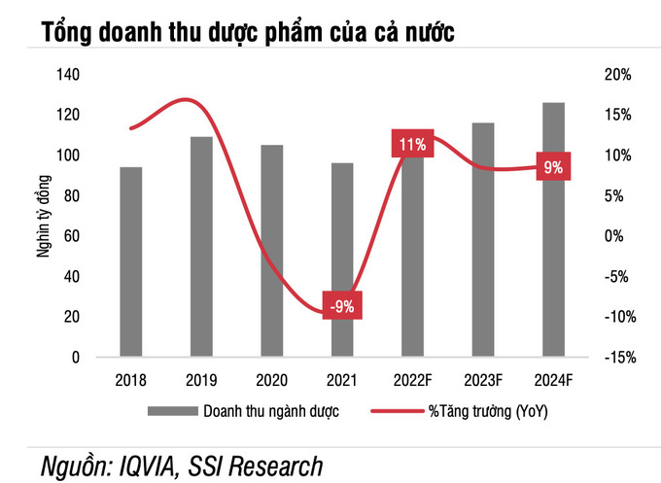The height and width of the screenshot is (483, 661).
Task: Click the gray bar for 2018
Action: (131, 261)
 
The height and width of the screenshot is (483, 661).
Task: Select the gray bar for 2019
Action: (201, 247)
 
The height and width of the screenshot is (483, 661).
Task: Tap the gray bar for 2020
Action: (272, 251)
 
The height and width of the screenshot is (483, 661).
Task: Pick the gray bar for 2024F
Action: (553, 229)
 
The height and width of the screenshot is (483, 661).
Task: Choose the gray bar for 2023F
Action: (483, 240)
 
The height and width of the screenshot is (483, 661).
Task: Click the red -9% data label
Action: (342, 305)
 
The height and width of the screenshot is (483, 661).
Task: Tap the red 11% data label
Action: (412, 143)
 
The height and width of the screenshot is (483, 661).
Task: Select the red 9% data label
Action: (553, 166)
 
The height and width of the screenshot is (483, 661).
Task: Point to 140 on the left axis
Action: (68, 75)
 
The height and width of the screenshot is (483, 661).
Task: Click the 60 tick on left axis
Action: (72, 236)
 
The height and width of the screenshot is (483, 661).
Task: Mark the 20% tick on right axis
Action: (617, 75)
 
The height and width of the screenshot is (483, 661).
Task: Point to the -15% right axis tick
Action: (620, 358)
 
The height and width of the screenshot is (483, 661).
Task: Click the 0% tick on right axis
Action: (613, 236)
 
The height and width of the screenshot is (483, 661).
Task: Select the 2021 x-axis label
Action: (342, 380)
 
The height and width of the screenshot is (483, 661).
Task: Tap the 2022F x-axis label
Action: (413, 380)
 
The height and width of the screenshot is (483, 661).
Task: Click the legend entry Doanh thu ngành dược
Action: (243, 411)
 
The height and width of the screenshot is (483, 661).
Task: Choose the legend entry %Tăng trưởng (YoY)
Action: (460, 411)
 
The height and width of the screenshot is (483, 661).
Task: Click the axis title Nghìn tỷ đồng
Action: (44, 216)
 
